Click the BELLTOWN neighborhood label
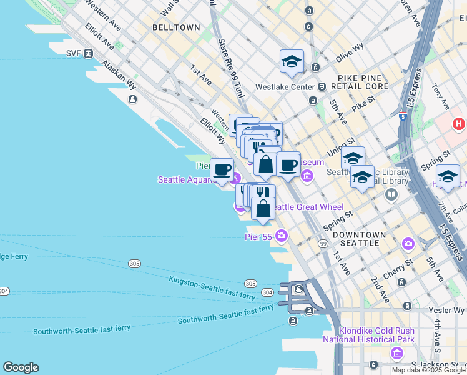click(177, 27)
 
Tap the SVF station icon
click(88, 53)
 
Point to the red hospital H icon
click(460, 124)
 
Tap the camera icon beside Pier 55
click(282, 236)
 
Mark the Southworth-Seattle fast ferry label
click(226, 314)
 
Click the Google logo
click(21, 367)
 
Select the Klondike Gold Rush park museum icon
click(397, 354)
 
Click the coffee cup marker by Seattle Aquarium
click(222, 170)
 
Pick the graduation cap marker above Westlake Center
click(292, 61)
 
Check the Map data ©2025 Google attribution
click(428, 370)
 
